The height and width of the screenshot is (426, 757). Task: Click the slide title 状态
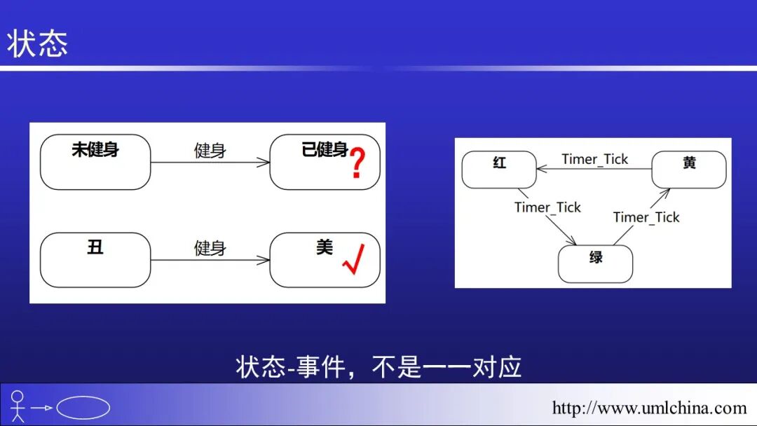[x=38, y=44]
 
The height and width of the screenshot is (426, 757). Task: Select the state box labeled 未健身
[x=95, y=162]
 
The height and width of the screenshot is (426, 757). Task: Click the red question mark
[x=357, y=163]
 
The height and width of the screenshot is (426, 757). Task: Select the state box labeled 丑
[x=95, y=260]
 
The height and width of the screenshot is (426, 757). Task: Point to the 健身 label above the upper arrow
[x=210, y=150]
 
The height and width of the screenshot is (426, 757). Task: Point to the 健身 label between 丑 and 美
[x=210, y=248]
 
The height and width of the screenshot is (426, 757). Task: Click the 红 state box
[x=499, y=170]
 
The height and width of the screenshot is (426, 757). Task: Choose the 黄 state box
[x=689, y=170]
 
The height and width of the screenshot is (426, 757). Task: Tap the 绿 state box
[x=595, y=263]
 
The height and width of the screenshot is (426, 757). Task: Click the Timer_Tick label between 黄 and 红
[x=594, y=159]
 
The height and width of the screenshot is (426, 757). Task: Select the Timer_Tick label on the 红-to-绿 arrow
[x=547, y=207]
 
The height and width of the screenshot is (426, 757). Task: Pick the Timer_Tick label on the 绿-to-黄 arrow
[x=646, y=217]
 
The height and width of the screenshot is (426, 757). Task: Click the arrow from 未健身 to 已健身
[x=210, y=163]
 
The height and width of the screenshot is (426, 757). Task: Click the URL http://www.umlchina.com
[x=649, y=408]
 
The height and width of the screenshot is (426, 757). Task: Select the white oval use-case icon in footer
[x=83, y=407]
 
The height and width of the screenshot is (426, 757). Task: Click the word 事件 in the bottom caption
[x=321, y=366]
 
